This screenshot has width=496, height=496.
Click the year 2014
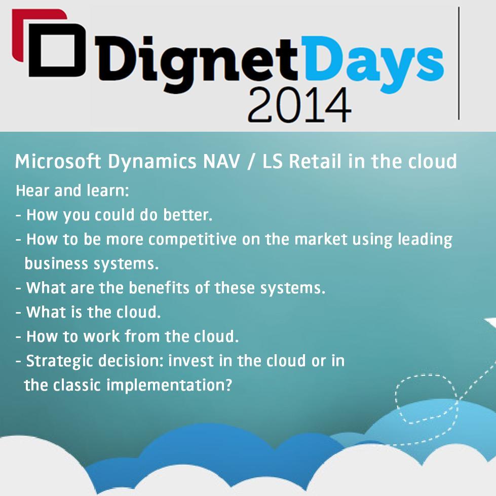click(298, 105)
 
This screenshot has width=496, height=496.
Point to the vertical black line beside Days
click(459, 63)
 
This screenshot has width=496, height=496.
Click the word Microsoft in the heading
click(58, 162)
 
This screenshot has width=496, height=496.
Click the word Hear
click(31, 191)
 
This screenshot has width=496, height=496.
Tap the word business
click(56, 264)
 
